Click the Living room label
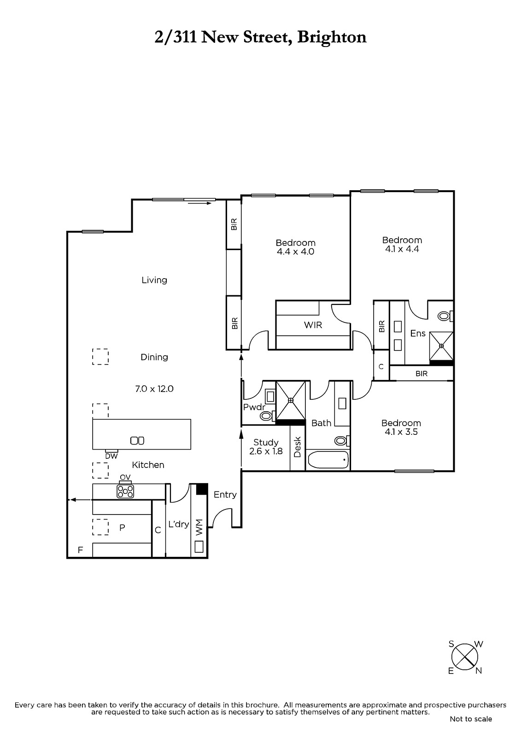pos(154,280)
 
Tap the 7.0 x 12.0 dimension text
pos(154,389)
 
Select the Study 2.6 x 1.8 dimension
pos(266,451)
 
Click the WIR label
pos(313,325)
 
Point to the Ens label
pos(418,333)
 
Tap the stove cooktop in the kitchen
pos(125,491)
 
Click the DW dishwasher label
pos(111,456)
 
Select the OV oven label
pos(125,477)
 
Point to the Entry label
pos(225,495)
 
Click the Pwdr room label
pos(254,407)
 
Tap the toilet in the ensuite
pos(445,316)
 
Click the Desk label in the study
pos(297,446)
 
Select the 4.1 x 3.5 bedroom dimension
pos(401,432)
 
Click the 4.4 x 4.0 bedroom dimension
pos(296,252)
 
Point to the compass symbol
pos(464,657)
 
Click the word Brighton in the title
pos(332,37)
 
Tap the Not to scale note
pos(471,719)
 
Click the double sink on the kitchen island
pos(137,440)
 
